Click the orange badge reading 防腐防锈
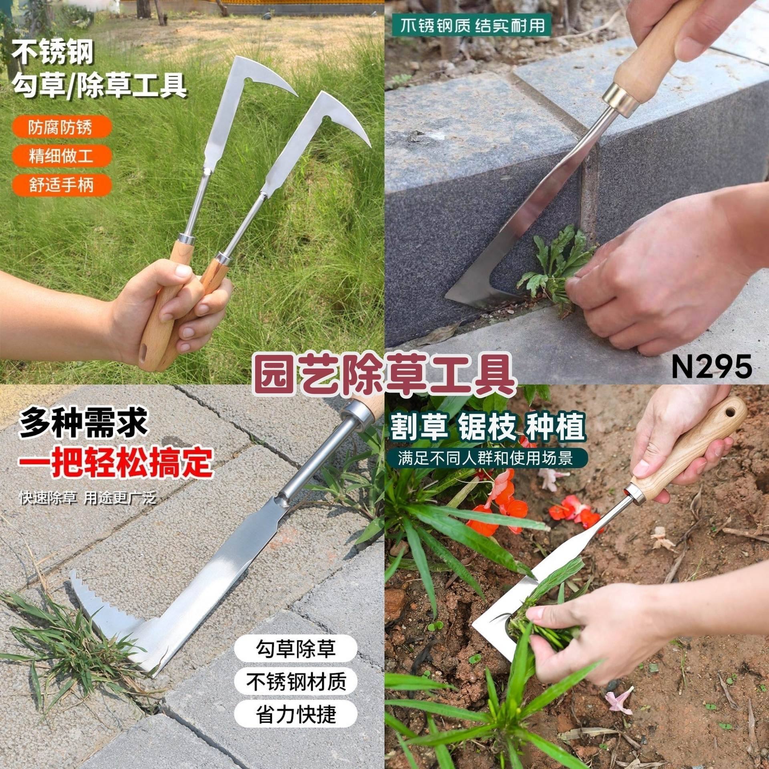(x=62, y=127)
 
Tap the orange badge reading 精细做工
(x=62, y=156)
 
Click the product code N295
(x=711, y=366)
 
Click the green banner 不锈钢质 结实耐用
(x=473, y=26)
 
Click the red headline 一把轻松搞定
(x=115, y=461)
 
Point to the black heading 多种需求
(x=83, y=423)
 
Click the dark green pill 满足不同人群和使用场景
(x=485, y=458)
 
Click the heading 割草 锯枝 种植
(x=488, y=427)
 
